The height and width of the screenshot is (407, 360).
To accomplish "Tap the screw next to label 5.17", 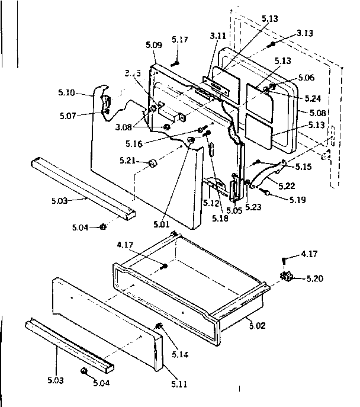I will tap(176, 61).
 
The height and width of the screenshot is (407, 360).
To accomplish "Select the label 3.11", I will tap(217, 36).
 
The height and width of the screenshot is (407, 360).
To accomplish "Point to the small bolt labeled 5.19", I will tap(267, 193).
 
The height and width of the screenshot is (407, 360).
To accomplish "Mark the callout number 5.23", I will tap(253, 207).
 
